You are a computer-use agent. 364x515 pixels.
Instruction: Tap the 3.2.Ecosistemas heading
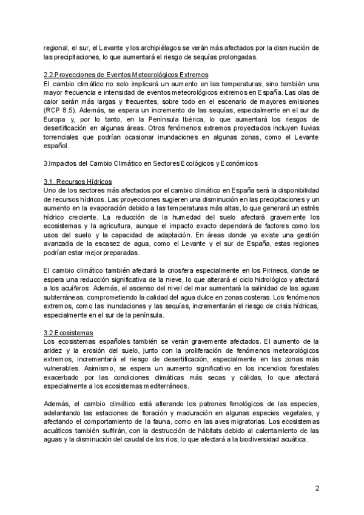click(69, 333)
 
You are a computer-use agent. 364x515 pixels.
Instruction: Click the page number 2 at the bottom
click(317, 488)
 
